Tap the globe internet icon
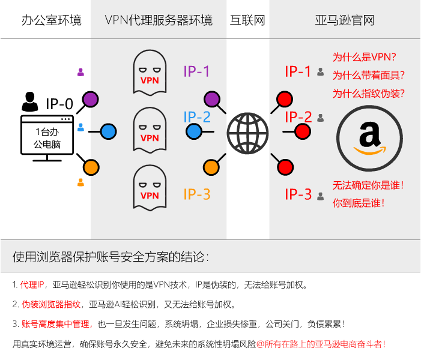(247, 131)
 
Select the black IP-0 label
(59, 104)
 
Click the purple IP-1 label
(197, 71)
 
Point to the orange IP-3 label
(197, 194)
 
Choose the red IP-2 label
(298, 116)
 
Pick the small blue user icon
(80, 127)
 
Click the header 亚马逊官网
(345, 20)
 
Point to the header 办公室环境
(43, 20)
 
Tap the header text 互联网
(247, 20)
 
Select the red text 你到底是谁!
(359, 203)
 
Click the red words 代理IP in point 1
(33, 284)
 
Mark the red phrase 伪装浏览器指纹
(50, 304)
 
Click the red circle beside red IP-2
(303, 131)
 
